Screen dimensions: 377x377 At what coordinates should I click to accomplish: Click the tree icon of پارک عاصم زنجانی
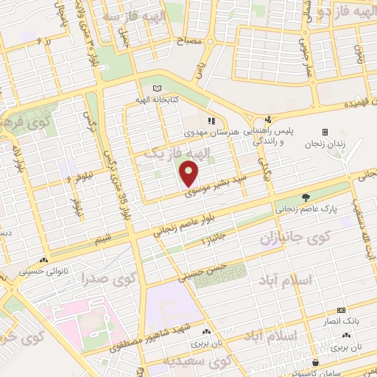click(306, 197)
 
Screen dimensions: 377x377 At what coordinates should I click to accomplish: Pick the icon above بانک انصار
click(341, 311)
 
